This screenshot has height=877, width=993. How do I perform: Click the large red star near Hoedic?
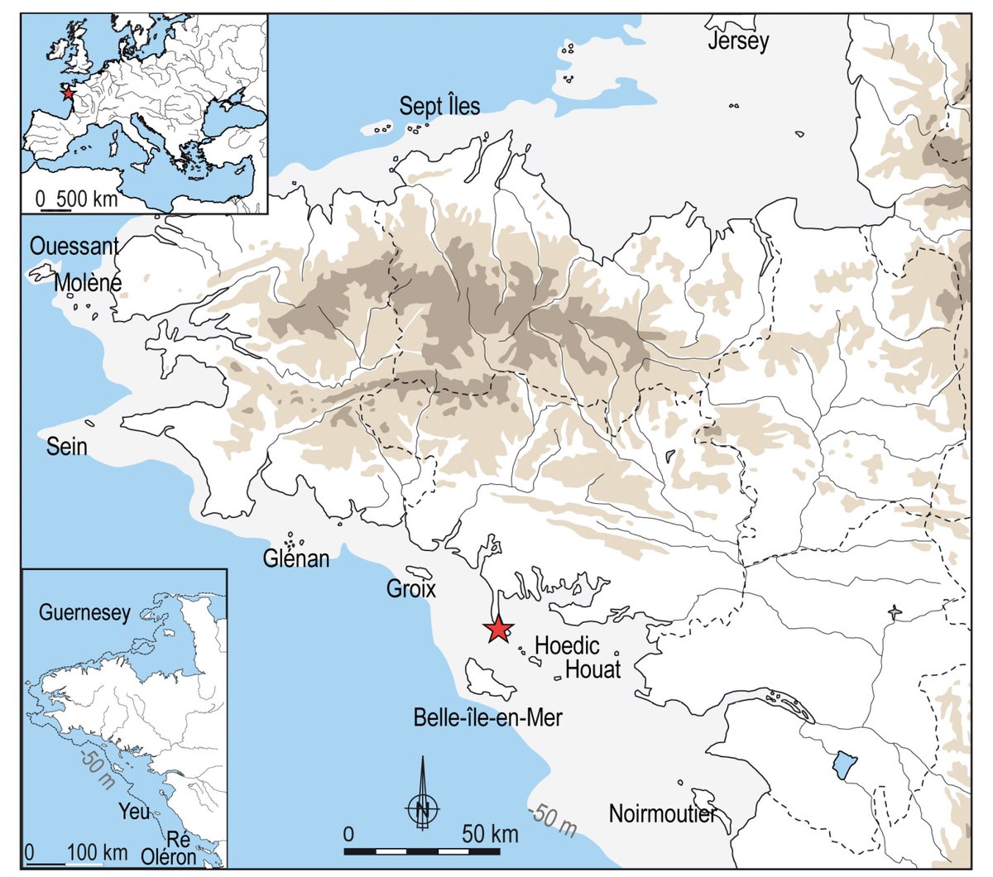click(497, 630)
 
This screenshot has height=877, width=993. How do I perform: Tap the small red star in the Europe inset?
click(67, 94)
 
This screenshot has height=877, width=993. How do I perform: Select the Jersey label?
click(738, 41)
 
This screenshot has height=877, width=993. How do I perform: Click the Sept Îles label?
click(439, 106)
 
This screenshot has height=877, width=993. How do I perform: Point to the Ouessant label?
click(74, 247)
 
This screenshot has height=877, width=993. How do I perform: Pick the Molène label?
click(88, 283)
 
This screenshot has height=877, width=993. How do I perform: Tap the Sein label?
click(66, 447)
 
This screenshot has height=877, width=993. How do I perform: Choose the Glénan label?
click(296, 559)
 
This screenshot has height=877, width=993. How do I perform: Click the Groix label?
click(411, 589)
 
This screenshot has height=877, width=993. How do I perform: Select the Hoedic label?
click(567, 645)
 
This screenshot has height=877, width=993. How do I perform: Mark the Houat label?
click(592, 669)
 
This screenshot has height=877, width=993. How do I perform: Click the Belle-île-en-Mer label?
click(487, 717)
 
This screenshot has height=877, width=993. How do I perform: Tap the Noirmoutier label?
click(662, 813)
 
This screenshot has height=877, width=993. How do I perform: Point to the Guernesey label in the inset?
click(85, 613)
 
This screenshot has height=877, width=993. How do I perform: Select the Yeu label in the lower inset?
click(134, 811)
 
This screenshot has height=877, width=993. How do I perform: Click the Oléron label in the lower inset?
click(169, 856)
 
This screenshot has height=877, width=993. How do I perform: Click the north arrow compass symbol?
click(422, 805)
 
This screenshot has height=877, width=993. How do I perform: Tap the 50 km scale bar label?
click(491, 833)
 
